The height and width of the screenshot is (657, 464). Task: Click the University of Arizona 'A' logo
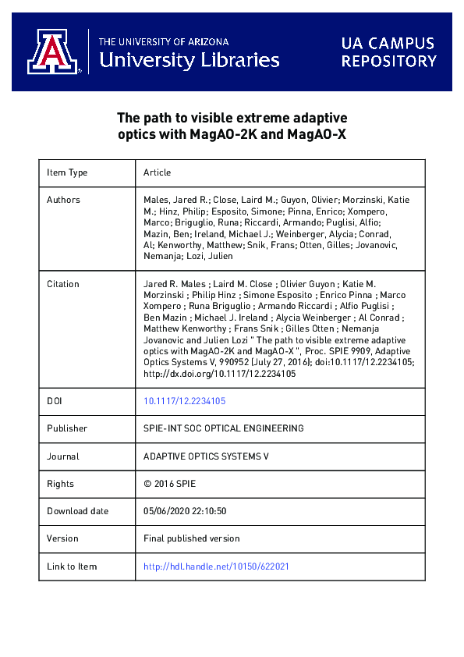coord(55,51)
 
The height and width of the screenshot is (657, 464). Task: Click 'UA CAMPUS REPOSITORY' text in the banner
coord(388,51)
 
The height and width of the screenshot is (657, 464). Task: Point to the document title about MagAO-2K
coord(232,126)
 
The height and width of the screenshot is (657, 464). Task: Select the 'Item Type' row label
coord(67,172)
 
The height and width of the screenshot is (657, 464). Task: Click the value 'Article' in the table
coord(157,172)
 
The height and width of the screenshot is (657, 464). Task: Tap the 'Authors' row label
coord(63,200)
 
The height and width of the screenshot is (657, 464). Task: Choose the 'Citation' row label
coord(63,284)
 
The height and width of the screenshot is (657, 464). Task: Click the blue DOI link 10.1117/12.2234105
coord(185,401)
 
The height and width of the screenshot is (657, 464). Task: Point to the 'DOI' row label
coord(55,401)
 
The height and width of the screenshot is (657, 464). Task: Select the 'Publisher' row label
coord(67,428)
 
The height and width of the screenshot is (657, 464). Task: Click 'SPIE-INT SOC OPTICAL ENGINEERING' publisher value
coord(224,428)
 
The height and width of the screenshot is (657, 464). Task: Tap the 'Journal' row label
coord(63,456)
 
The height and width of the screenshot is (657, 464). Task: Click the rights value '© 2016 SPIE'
coord(170,484)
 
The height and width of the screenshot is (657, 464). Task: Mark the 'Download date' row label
coord(77,511)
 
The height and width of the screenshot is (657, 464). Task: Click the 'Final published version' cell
coord(192,538)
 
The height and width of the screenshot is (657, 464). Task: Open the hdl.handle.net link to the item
coord(216,566)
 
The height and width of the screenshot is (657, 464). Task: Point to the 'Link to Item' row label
coord(72,566)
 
